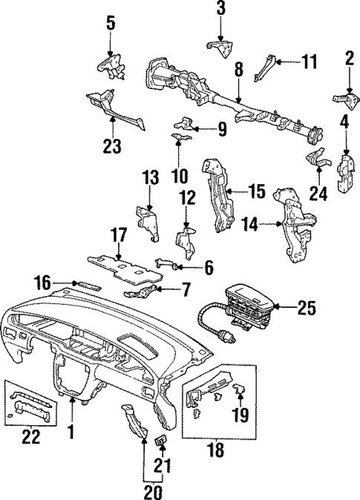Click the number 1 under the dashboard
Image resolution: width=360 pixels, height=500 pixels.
tap(72, 430)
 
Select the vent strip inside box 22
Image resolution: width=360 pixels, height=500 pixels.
tap(31, 405)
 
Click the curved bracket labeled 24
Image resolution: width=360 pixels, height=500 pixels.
tap(318, 160)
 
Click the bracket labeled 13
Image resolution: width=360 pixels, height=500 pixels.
tap(148, 221)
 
